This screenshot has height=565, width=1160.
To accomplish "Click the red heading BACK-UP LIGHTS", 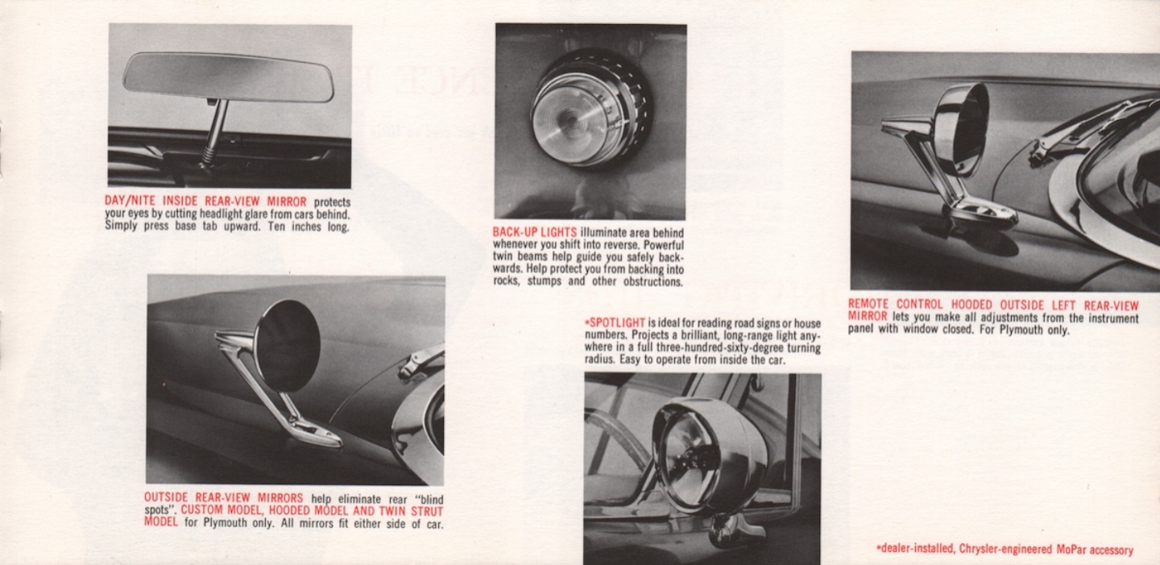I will click(x=535, y=232).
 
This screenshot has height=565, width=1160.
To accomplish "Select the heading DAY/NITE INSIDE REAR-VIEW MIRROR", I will click(x=206, y=201).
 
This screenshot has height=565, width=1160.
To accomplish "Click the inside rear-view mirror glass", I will click(x=228, y=77).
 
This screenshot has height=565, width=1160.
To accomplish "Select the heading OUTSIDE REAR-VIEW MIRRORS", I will click(x=224, y=498).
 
